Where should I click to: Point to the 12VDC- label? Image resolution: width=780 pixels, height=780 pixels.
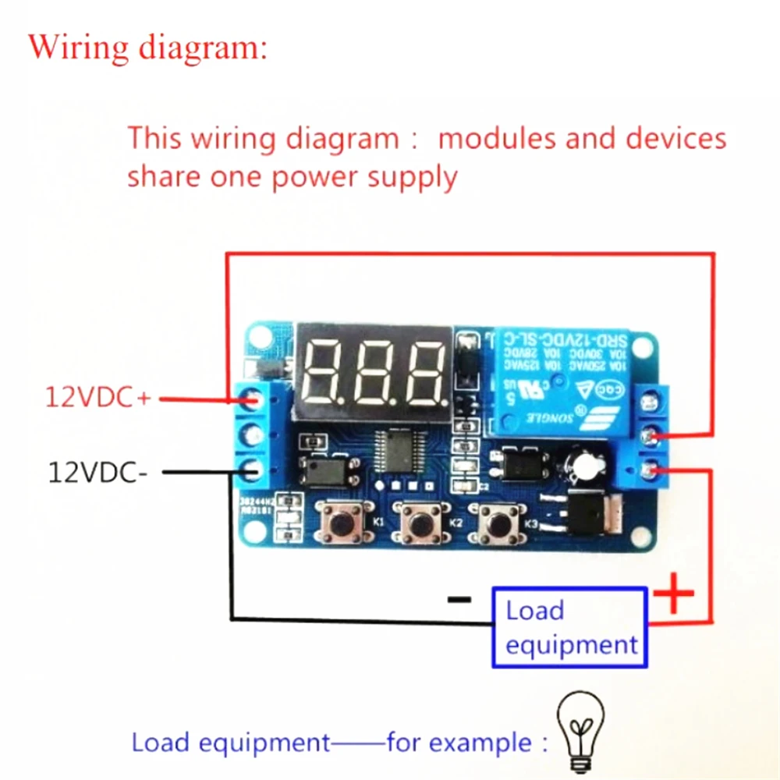pos(97,472)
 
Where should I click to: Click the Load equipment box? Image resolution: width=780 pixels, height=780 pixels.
pos(569,627)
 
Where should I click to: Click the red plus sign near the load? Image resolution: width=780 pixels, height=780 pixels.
pos(672,599)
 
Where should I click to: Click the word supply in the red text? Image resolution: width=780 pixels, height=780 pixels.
pos(413,177)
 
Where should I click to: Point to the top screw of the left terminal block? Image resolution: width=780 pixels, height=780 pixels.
pos(252,400)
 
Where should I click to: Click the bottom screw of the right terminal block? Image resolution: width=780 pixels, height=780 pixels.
pos(647,469)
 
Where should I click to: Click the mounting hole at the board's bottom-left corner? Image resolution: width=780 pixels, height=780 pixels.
pos(256,534)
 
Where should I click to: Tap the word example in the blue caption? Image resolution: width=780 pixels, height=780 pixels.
pos(480,742)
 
